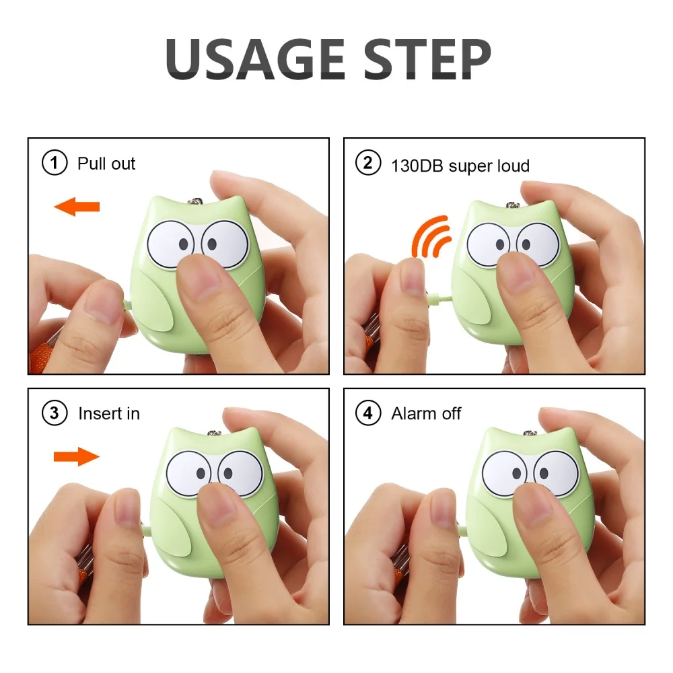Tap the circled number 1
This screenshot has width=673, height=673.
55,164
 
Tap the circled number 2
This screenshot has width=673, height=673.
368,164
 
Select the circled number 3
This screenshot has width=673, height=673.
55,413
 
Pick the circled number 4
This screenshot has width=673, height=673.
368,413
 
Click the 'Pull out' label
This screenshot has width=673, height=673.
106,164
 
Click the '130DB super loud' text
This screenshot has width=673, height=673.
460,165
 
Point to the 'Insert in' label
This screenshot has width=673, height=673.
109,413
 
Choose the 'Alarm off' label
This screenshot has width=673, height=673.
426,413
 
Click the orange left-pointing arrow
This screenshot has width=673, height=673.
77,207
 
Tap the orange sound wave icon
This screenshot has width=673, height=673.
431,237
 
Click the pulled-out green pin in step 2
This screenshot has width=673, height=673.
441,297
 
